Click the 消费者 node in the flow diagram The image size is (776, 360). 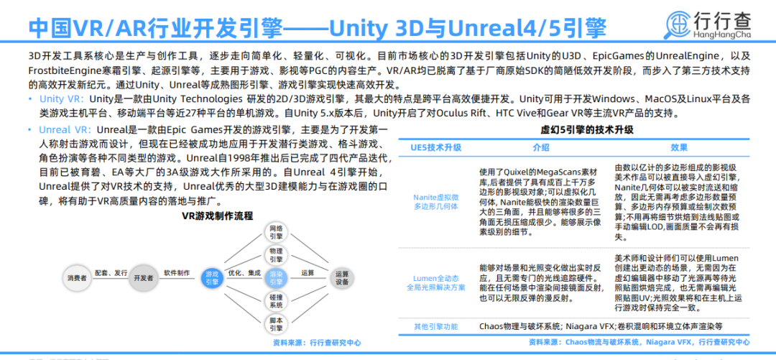coord(78,277)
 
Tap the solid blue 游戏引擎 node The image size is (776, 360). coord(211,278)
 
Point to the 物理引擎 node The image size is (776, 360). coord(276,254)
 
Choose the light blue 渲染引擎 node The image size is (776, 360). coord(276,277)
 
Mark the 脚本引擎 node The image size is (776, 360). coord(276,323)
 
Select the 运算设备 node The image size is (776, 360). coord(342,277)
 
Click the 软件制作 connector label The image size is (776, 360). coord(176,273)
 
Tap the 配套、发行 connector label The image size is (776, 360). coord(110,273)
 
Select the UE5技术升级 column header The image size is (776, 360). coord(436,147)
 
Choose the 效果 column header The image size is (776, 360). coord(678,147)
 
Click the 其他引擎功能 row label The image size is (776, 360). coord(436,326)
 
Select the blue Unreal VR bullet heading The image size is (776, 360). coord(64,130)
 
